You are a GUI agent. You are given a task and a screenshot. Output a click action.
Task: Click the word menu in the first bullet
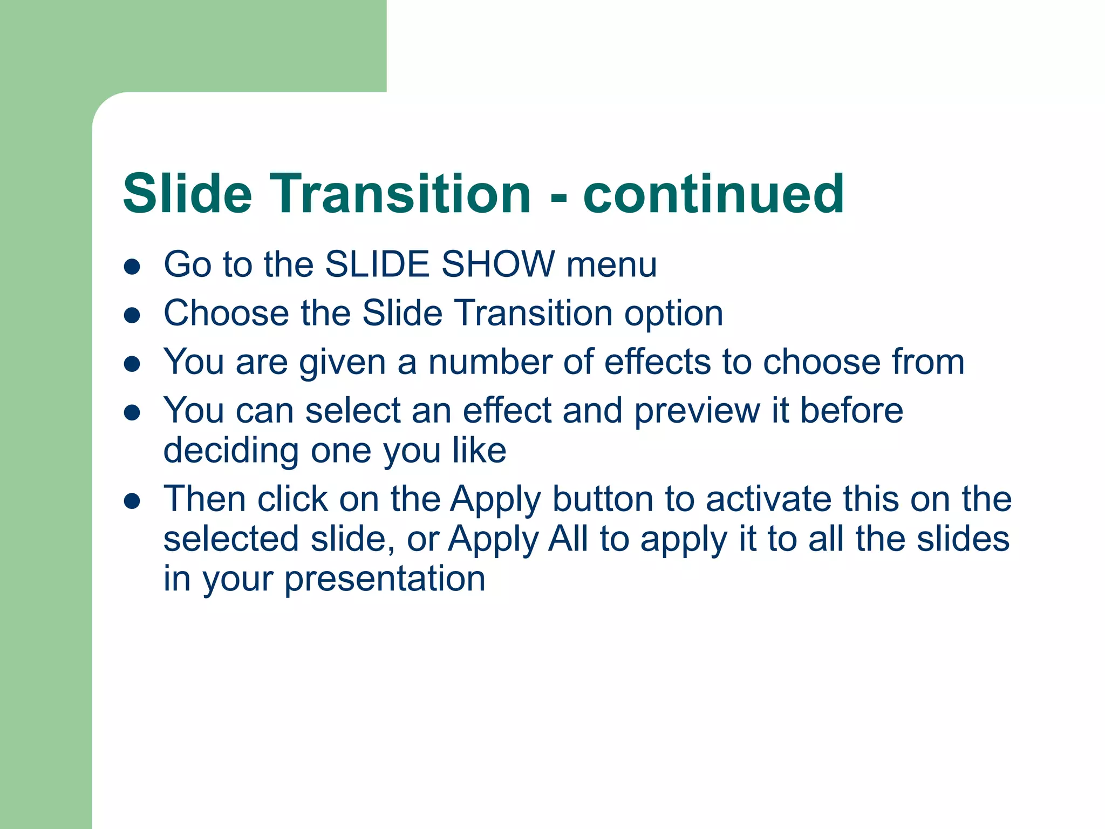click(x=611, y=266)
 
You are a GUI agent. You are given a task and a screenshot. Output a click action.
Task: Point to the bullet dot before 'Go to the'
click(x=132, y=266)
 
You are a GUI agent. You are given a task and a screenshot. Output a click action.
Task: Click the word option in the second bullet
click(x=673, y=315)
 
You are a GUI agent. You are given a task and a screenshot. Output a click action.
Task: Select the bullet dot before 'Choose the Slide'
click(x=132, y=315)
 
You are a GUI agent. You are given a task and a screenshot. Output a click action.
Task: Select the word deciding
click(x=231, y=451)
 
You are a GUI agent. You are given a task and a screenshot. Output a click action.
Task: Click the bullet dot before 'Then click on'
click(x=132, y=501)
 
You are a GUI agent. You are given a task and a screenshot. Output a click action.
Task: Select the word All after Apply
click(x=568, y=539)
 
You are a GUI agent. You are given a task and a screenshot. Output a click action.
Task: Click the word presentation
click(x=385, y=579)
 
